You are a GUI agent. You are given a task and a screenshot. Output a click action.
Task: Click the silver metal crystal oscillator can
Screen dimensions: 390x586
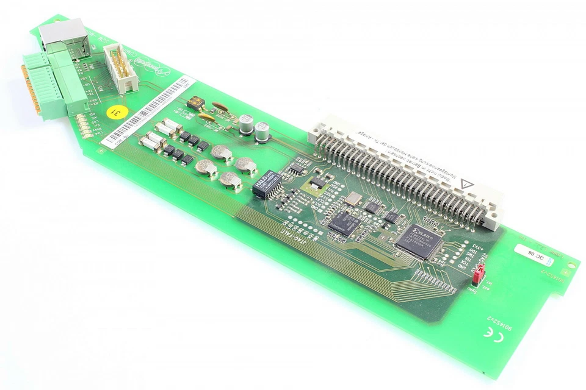point(353,199)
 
